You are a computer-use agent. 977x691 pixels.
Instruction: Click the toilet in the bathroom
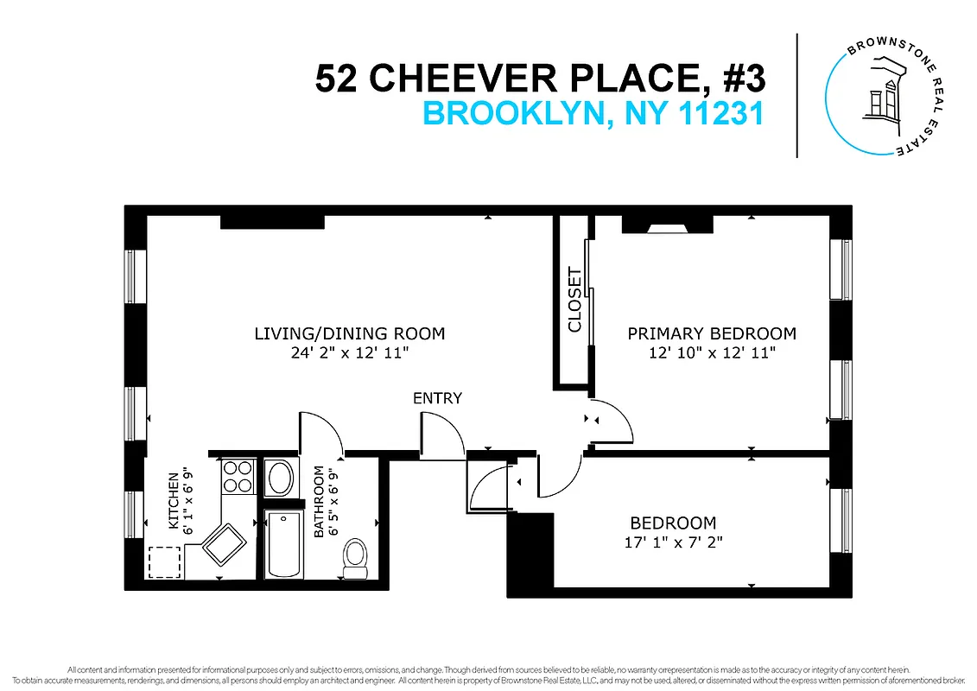pos(355,559)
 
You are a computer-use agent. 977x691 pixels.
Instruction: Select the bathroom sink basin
pos(280,478)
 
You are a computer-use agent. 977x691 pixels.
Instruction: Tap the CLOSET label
pos(574,300)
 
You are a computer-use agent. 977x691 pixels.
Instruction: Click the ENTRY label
pos(437,398)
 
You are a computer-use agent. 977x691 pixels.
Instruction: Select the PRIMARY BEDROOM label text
pos(712,333)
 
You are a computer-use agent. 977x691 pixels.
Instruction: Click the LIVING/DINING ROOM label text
pos(349,333)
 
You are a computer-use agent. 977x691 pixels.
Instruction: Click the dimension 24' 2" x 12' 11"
pos(349,352)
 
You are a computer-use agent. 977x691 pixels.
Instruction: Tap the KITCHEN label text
pos(174,501)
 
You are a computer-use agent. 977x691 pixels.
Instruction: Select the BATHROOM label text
pos(319,502)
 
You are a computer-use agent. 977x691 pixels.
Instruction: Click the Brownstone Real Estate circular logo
pos(880,95)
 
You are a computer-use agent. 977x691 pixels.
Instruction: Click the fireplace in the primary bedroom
pos(668,226)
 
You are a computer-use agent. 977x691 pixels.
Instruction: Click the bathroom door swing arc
pos(323,432)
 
